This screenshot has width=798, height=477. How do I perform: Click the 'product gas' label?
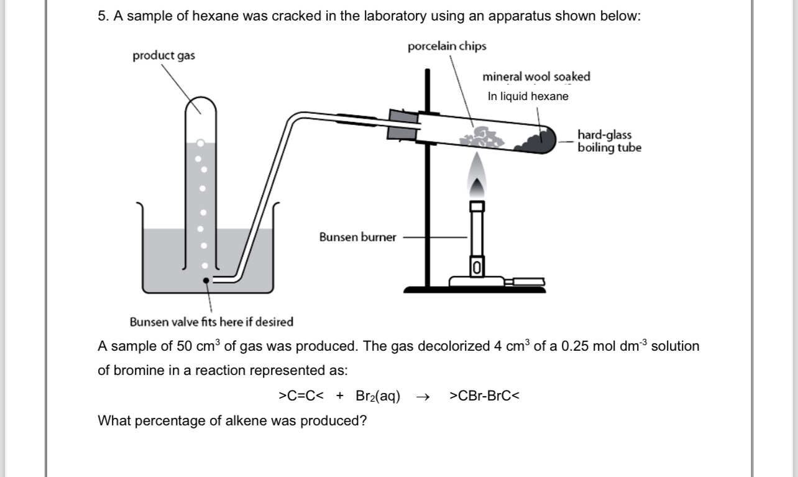pyautogui.click(x=163, y=56)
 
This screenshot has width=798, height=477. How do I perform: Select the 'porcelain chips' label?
pyautogui.click(x=447, y=47)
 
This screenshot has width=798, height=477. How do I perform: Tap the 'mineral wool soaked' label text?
pyautogui.click(x=536, y=77)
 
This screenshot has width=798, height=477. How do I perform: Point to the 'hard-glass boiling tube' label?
pyautogui.click(x=608, y=141)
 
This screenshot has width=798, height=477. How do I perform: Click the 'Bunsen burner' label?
pyautogui.click(x=357, y=237)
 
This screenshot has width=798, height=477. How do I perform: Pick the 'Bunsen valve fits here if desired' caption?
pyautogui.click(x=211, y=322)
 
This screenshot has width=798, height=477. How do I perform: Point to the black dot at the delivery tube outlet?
pyautogui.click(x=207, y=280)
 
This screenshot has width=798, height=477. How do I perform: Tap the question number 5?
pyautogui.click(x=103, y=17)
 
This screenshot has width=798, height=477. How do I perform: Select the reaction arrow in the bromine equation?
pyautogui.click(x=424, y=396)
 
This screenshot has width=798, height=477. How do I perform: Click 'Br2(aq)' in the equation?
pyautogui.click(x=378, y=396)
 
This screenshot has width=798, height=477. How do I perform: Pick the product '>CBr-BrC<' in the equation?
pyautogui.click(x=484, y=396)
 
